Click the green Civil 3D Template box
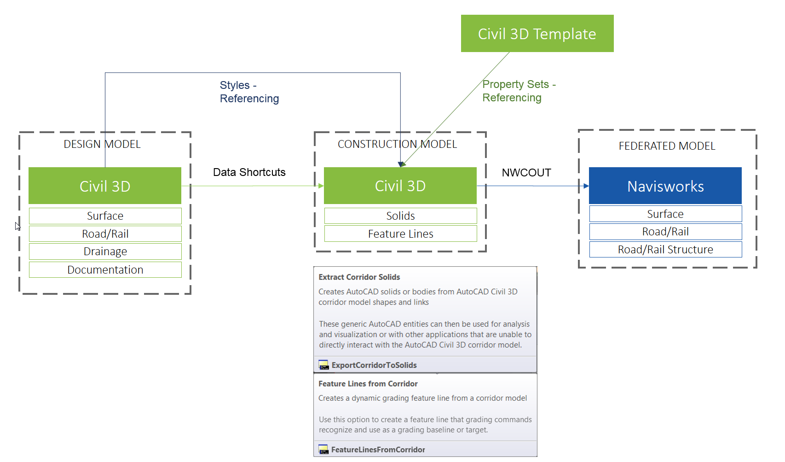point(537,34)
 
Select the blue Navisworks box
point(665,186)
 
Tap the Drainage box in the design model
point(105,251)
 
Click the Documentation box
point(105,270)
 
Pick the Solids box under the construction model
point(400,216)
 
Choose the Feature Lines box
point(400,234)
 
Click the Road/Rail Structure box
point(665,250)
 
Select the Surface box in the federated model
point(665,214)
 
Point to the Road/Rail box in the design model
point(105,234)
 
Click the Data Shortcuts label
point(249,172)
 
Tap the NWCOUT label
point(526,173)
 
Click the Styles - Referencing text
point(249,92)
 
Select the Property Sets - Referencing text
point(519,91)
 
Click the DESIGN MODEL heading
point(102,144)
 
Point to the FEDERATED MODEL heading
point(667,146)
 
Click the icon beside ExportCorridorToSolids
point(323,365)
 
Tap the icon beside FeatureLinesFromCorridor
point(323,450)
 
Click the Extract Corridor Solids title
point(359,277)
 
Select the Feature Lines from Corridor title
point(368,384)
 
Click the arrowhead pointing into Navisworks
point(586,186)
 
